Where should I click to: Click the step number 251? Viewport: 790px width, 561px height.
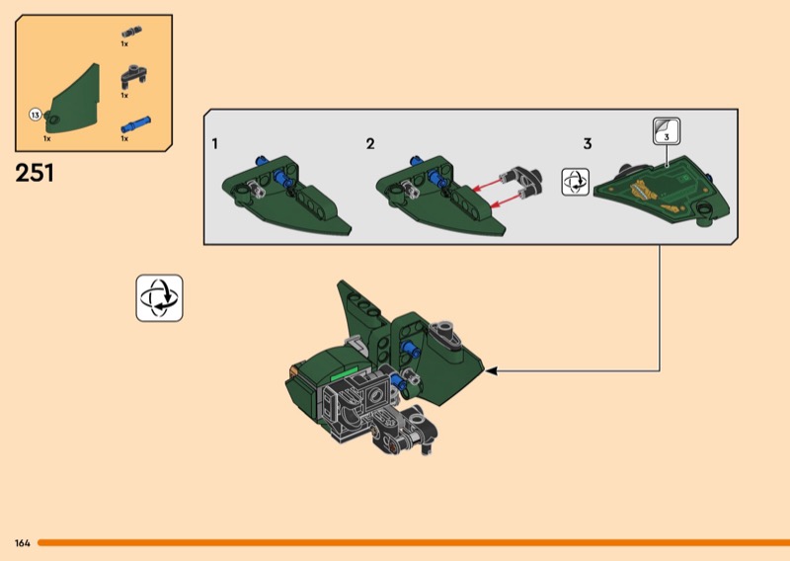point(35,173)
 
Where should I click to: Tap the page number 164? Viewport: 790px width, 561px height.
point(23,543)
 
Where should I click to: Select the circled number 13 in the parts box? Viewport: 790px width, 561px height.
point(35,115)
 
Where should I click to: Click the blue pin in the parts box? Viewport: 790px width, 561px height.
point(135,124)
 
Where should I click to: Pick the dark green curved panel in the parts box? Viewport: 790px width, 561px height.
point(73,100)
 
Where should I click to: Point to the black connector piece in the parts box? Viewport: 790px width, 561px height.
point(133,76)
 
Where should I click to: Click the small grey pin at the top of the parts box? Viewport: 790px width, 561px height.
point(131,32)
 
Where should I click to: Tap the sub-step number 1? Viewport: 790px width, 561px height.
point(215,144)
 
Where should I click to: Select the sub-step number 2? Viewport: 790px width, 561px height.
point(370,144)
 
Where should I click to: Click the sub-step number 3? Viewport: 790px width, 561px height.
point(588,144)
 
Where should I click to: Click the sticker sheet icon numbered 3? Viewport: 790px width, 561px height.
point(667,131)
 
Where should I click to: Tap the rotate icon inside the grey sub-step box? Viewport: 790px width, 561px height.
point(576,182)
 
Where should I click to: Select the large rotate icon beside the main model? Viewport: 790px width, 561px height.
point(159,298)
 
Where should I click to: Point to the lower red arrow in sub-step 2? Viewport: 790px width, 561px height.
point(506,200)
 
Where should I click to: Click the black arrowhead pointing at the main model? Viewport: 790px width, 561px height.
point(491,371)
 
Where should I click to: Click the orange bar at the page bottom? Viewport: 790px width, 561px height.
point(414,543)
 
